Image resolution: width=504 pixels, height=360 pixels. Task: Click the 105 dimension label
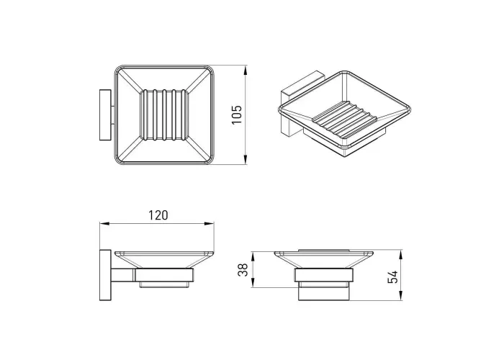click(x=237, y=114)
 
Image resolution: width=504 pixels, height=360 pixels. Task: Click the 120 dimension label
click(x=158, y=215)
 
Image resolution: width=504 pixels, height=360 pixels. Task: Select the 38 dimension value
click(x=243, y=270)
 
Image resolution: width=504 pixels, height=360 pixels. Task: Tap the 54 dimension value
click(x=392, y=276)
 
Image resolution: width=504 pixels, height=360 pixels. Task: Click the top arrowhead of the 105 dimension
click(x=246, y=71)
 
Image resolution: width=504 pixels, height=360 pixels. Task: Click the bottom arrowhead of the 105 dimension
click(x=246, y=159)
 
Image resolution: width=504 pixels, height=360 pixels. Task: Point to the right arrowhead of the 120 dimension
click(x=209, y=223)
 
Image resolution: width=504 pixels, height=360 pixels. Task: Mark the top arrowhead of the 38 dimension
click(x=253, y=256)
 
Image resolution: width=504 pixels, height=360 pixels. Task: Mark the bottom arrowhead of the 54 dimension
click(x=400, y=296)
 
